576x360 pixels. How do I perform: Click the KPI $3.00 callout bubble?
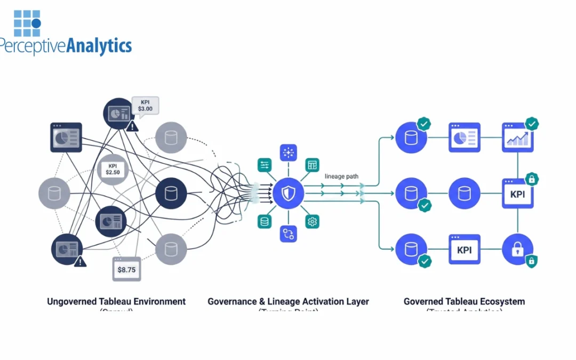tap(146, 105)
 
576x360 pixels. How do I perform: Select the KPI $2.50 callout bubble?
tap(113, 169)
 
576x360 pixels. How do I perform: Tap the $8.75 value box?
tap(127, 269)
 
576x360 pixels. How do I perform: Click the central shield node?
tap(289, 193)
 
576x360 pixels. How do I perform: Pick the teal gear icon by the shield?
tap(312, 221)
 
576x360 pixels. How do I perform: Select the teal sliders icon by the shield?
tap(264, 165)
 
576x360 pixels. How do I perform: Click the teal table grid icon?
tap(312, 165)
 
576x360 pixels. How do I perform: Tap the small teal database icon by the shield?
tap(264, 221)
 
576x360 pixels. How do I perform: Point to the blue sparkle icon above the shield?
tap(288, 153)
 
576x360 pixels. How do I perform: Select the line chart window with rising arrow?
tap(517, 138)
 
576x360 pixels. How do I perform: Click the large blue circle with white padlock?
tap(517, 250)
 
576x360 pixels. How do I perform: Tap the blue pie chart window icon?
tap(464, 138)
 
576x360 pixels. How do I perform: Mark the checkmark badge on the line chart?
tap(532, 124)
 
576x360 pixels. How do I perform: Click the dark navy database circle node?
tap(171, 193)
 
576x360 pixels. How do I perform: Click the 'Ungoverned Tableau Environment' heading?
tap(116, 301)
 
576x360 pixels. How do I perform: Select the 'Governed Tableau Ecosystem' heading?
tap(464, 301)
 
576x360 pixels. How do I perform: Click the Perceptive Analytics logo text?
tap(65, 46)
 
